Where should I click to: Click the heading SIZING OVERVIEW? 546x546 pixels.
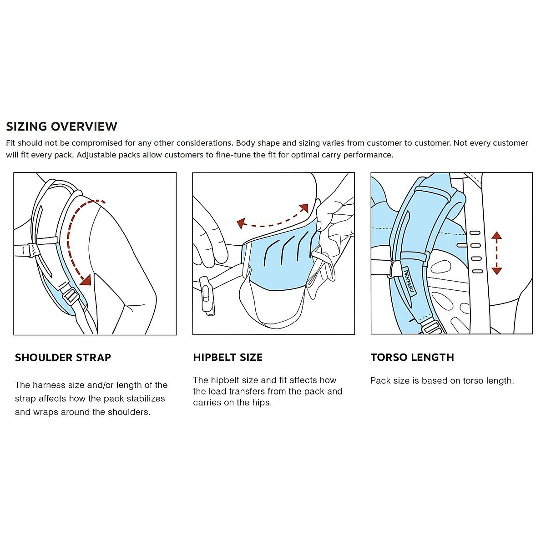pyautogui.click(x=61, y=126)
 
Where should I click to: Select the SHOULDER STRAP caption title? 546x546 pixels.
pyautogui.click(x=63, y=358)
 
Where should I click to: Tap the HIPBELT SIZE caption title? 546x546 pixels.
pyautogui.click(x=227, y=358)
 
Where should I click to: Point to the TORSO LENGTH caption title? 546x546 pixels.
pyautogui.click(x=412, y=358)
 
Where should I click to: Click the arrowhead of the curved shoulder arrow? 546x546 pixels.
pyautogui.click(x=86, y=280)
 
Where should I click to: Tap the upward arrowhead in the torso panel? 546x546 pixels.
pyautogui.click(x=496, y=236)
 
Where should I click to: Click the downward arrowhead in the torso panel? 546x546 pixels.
pyautogui.click(x=496, y=271)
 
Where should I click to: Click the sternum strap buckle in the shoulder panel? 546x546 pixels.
pyautogui.click(x=33, y=249)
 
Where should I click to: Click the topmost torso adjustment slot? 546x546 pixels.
pyautogui.click(x=475, y=233)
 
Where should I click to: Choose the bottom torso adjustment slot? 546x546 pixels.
pyautogui.click(x=477, y=272)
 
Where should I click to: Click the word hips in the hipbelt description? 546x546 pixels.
pyautogui.click(x=261, y=403)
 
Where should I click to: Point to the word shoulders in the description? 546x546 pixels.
pyautogui.click(x=129, y=412)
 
